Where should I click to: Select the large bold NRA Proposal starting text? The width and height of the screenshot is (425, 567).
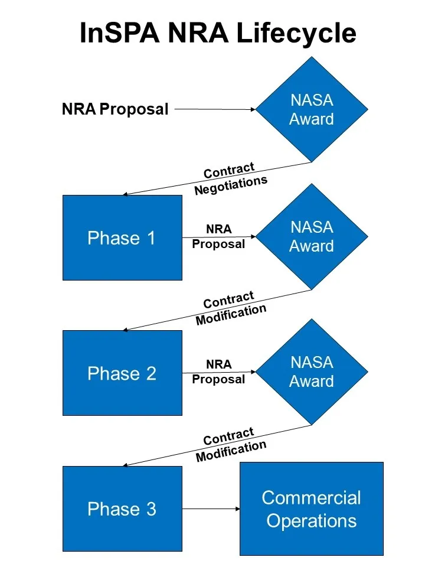[x=115, y=109]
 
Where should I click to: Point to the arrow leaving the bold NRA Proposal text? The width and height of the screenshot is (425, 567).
[x=215, y=109]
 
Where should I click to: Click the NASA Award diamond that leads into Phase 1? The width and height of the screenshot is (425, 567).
[x=312, y=109]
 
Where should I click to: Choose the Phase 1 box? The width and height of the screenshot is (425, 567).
[x=122, y=237]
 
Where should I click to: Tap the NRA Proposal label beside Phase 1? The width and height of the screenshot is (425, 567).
[x=218, y=236]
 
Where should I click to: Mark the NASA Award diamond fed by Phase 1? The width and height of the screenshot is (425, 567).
[x=312, y=237]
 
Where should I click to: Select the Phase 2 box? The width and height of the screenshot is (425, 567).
[x=122, y=373]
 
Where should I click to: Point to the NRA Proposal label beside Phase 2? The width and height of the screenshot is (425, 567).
[x=218, y=372]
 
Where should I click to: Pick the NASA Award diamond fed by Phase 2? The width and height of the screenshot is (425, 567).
[x=312, y=372]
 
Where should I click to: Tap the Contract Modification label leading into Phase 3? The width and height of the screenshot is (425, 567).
[x=230, y=445]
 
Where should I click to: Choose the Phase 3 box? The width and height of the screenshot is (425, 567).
[x=122, y=509]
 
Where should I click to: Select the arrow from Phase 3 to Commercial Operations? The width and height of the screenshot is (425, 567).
[x=211, y=509]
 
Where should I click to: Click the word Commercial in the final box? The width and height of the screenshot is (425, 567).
[x=311, y=497]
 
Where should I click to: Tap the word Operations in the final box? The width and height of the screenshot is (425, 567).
[x=311, y=521]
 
